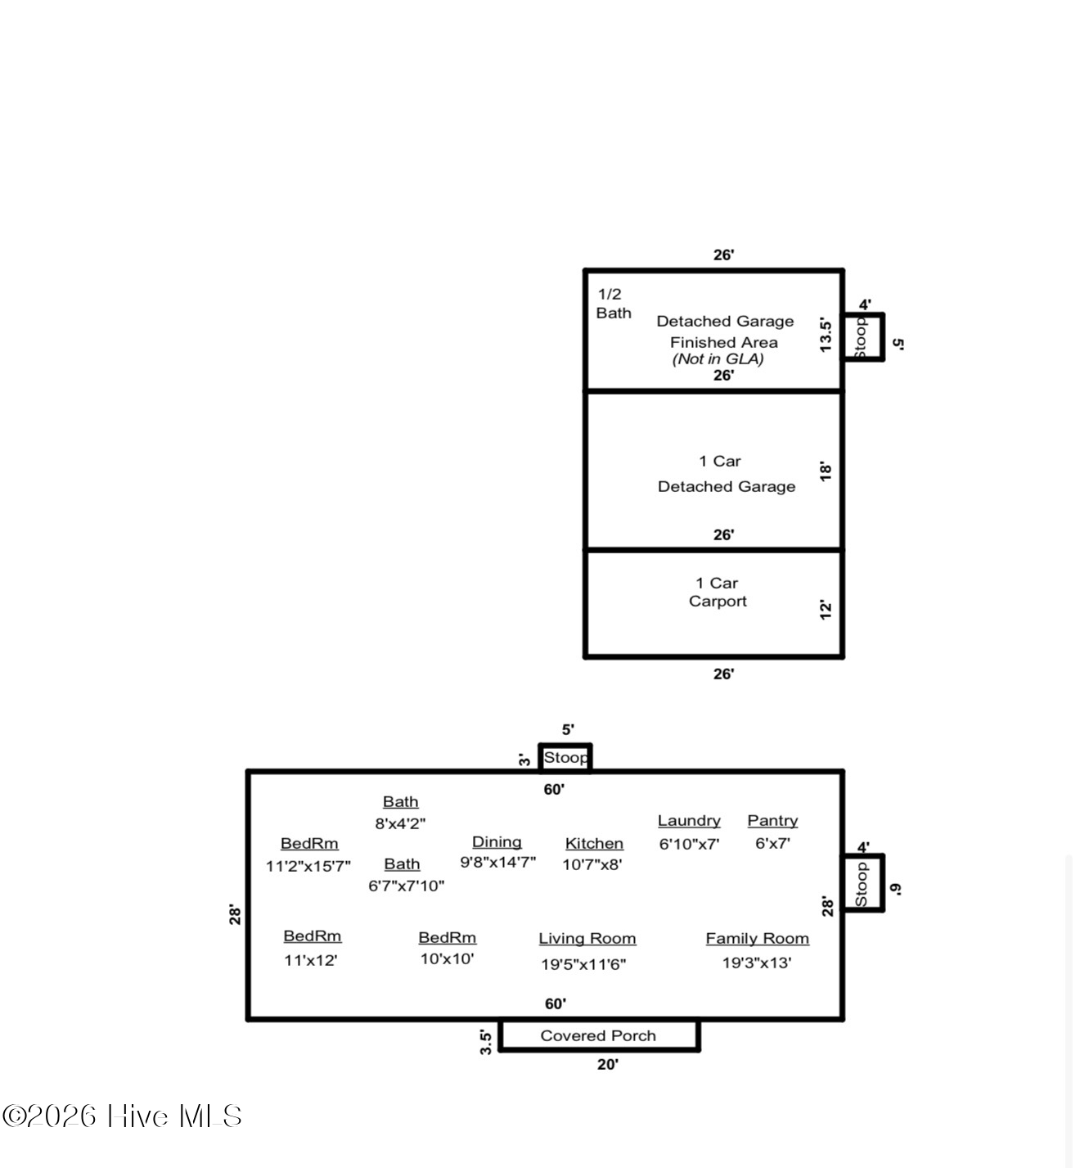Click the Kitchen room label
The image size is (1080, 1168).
click(x=594, y=843)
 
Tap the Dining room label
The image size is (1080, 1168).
click(x=497, y=842)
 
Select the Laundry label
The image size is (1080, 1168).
click(x=689, y=821)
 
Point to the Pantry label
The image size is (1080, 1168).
click(x=772, y=821)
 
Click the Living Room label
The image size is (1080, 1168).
click(x=587, y=939)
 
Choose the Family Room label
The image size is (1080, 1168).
click(x=758, y=939)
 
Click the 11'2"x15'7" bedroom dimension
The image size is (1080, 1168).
click(x=308, y=866)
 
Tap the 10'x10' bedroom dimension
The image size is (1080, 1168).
click(x=447, y=958)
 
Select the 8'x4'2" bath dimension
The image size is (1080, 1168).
click(x=400, y=823)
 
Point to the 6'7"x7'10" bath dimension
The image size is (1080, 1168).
click(x=407, y=886)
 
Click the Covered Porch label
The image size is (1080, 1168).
click(x=598, y=1035)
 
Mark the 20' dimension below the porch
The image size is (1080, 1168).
click(x=607, y=1065)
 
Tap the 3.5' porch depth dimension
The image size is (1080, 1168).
click(x=486, y=1042)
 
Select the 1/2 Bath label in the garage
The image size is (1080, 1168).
click(x=613, y=304)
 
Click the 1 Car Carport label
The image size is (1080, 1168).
click(x=718, y=592)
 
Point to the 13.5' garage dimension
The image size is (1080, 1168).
click(x=826, y=335)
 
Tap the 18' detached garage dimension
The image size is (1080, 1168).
click(x=826, y=471)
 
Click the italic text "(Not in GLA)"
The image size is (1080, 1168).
click(x=718, y=359)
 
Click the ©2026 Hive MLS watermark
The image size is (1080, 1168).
click(x=122, y=1116)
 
